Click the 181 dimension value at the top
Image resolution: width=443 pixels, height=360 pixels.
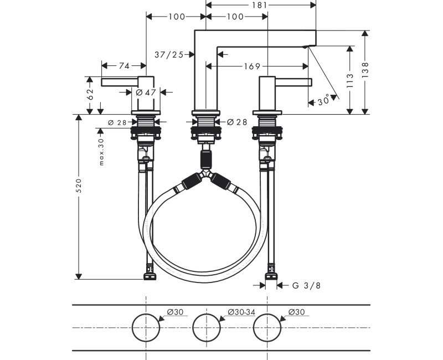tap(260, 5)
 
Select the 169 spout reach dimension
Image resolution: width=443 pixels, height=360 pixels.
tap(252, 66)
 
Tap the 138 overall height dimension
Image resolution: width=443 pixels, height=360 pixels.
tap(365, 70)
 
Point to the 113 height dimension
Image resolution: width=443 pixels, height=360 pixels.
tap(350, 80)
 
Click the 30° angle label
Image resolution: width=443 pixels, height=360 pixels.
tap(324, 100)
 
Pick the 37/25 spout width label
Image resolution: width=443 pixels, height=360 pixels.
tap(169, 54)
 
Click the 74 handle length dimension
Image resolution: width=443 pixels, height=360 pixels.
tap(124, 66)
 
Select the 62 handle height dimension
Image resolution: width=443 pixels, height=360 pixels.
tap(90, 94)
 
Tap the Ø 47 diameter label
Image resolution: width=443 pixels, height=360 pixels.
tap(146, 92)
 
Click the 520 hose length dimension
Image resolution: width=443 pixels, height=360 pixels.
tap(79, 186)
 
